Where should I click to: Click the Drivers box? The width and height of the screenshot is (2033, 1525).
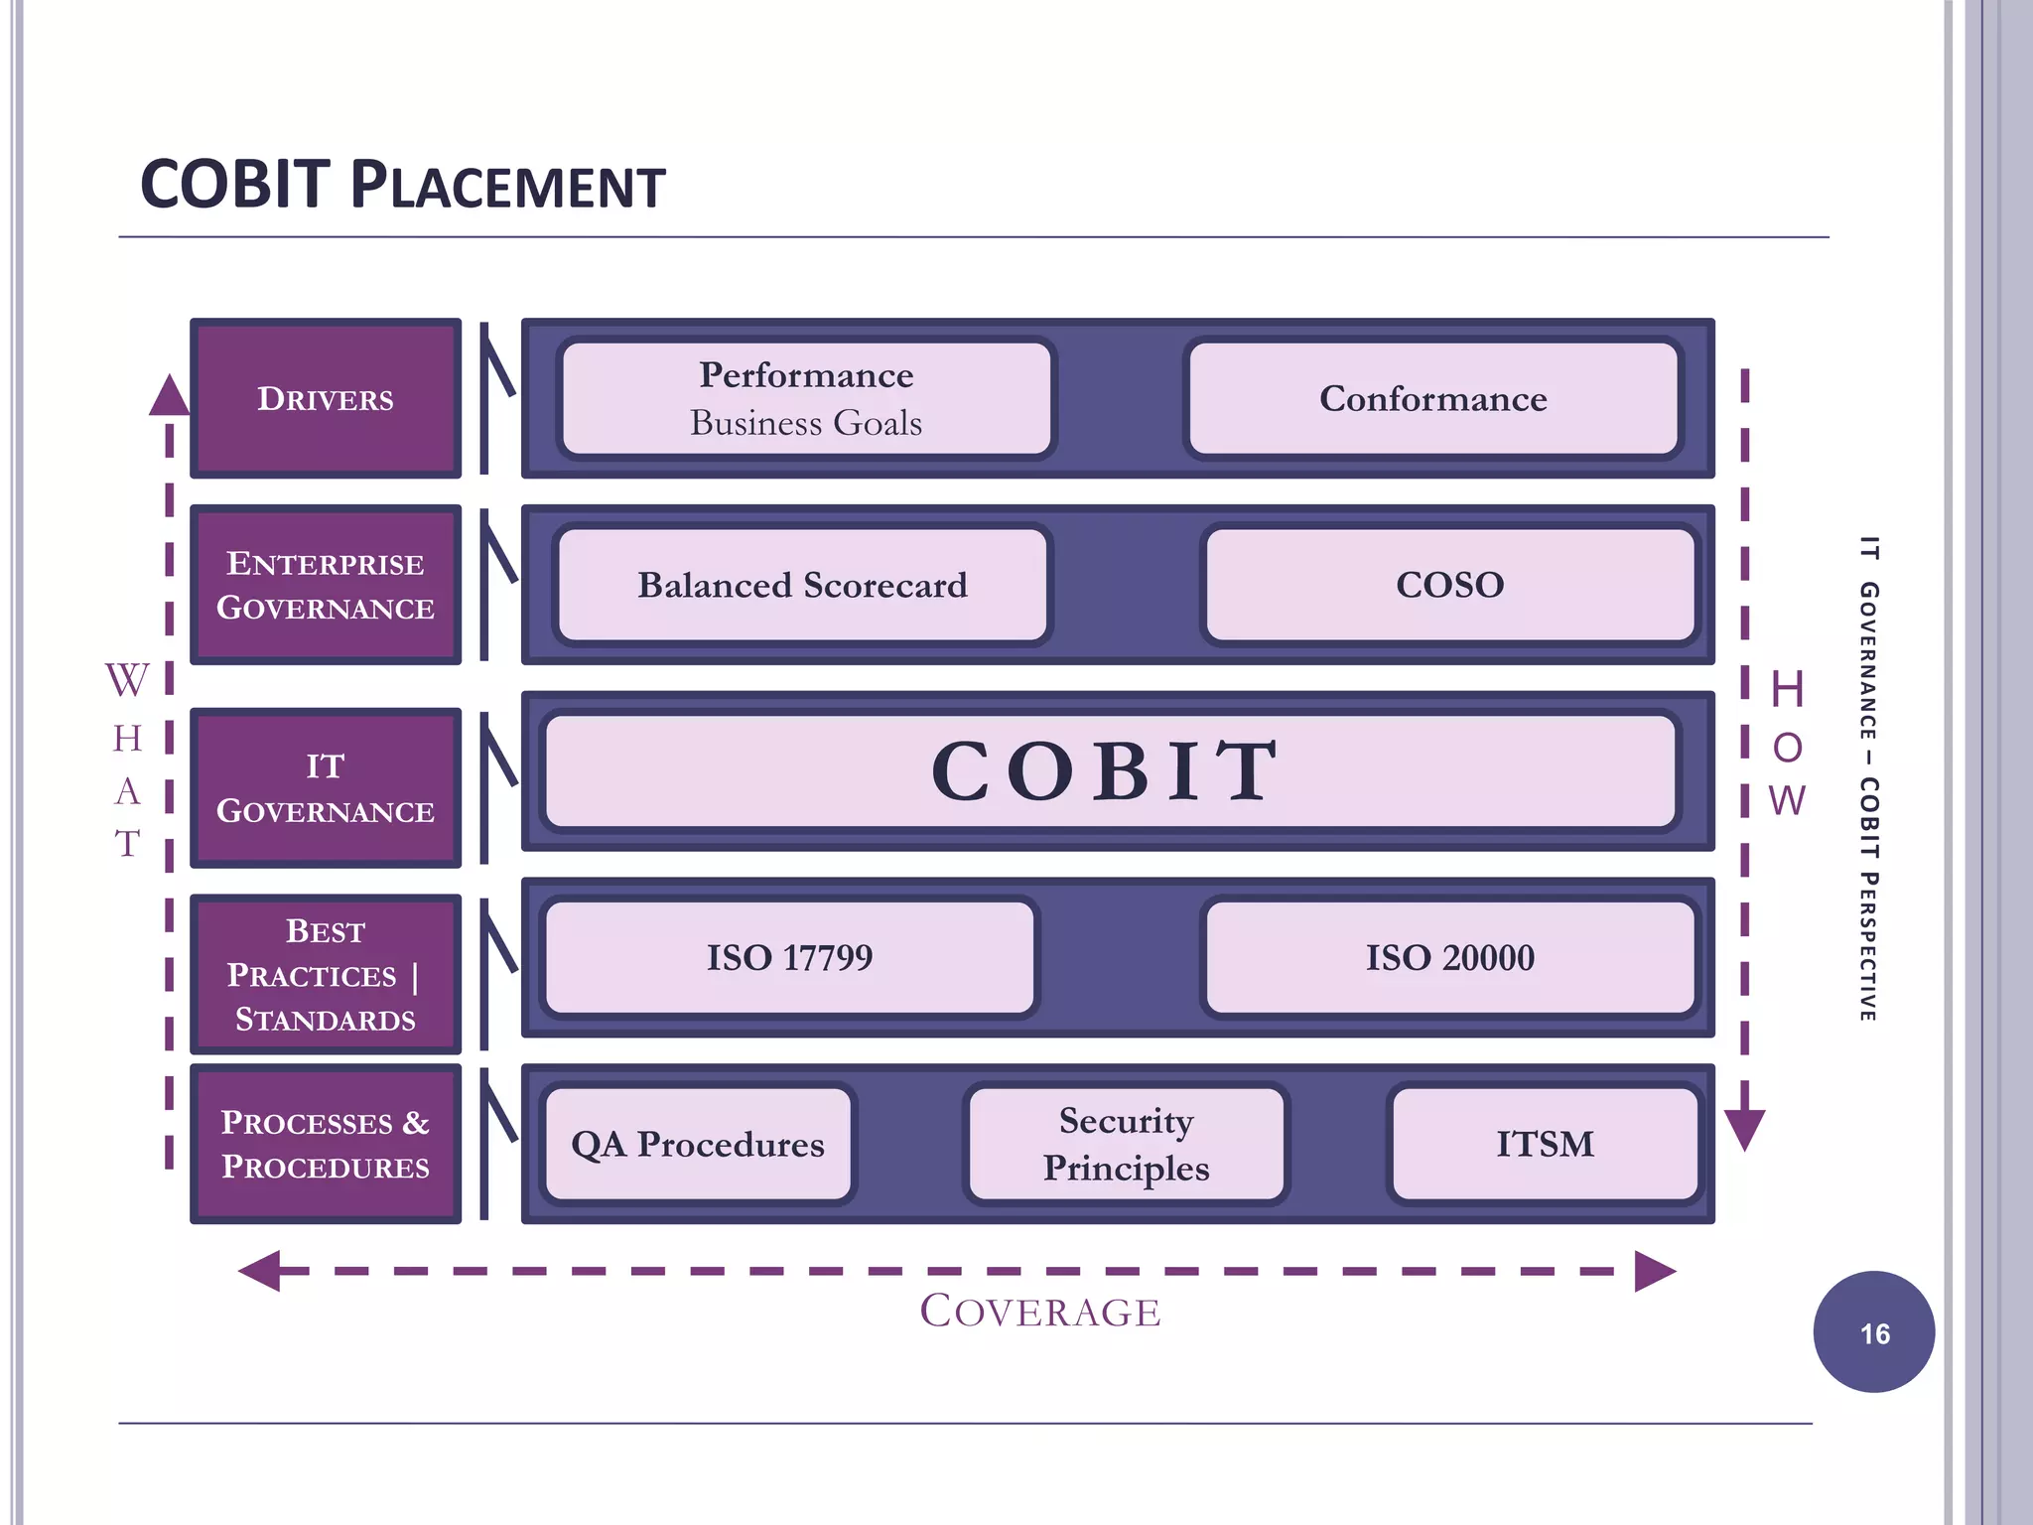(x=326, y=398)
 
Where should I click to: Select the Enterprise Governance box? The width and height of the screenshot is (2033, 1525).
(x=326, y=585)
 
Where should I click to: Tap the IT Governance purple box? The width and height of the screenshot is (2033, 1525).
(x=326, y=788)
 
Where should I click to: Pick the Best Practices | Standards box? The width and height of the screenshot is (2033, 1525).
(x=326, y=974)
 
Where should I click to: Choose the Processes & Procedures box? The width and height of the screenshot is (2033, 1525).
(x=326, y=1144)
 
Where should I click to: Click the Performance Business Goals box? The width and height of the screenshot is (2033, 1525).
(x=806, y=398)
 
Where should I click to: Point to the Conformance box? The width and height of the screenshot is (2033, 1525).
(x=1432, y=398)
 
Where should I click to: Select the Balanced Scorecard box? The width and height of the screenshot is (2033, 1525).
(x=802, y=585)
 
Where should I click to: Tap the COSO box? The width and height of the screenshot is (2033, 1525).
(x=1449, y=585)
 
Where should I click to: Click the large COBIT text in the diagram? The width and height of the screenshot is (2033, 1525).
(x=1107, y=770)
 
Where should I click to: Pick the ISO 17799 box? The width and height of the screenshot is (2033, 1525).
(x=789, y=957)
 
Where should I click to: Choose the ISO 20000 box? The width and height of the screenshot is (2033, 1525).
(x=1449, y=957)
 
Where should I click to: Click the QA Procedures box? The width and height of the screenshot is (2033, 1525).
(x=698, y=1144)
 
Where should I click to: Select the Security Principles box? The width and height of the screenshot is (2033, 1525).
(x=1126, y=1144)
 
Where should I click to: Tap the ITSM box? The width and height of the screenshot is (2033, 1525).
(x=1545, y=1144)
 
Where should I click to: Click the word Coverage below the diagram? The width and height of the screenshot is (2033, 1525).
(x=1040, y=1311)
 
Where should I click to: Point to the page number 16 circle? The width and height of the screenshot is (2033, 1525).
(x=1873, y=1332)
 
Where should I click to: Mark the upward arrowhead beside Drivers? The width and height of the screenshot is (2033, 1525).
(x=170, y=395)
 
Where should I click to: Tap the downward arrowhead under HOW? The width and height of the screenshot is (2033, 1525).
(x=1744, y=1130)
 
